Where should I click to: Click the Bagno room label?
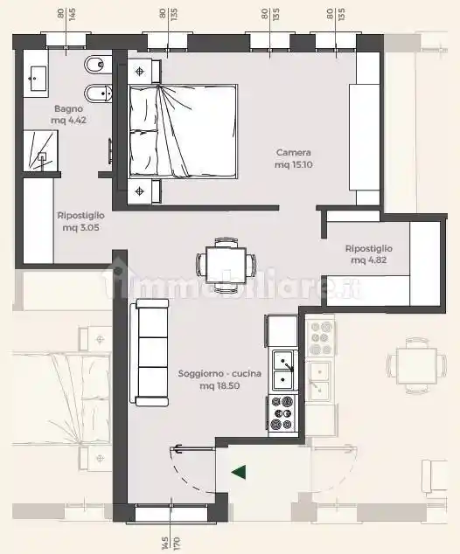(x=68, y=108)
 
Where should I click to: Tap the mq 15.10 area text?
(x=294, y=164)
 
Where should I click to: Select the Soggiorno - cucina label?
(x=220, y=373)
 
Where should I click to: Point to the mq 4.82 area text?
(x=369, y=260)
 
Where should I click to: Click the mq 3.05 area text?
(x=80, y=227)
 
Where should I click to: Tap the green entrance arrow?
(x=239, y=472)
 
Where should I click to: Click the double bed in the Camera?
(x=183, y=131)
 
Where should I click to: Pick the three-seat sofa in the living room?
(x=149, y=352)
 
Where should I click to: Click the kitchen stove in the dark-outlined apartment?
(x=282, y=413)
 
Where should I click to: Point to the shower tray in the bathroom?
(x=40, y=150)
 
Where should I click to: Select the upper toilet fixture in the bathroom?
(x=98, y=65)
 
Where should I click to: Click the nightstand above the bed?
(x=144, y=72)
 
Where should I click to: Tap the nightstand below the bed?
(x=144, y=191)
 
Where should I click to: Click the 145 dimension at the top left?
(x=72, y=15)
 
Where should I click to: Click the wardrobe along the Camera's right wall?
(x=365, y=137)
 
